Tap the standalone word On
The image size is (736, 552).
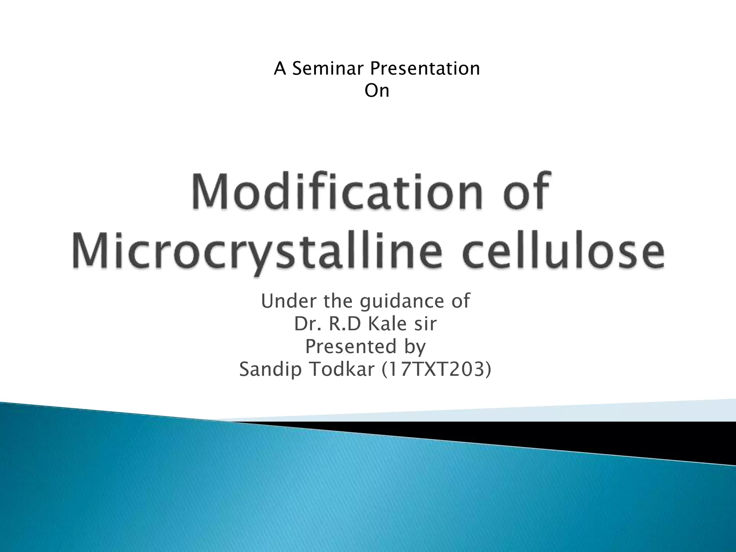coord(377,91)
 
